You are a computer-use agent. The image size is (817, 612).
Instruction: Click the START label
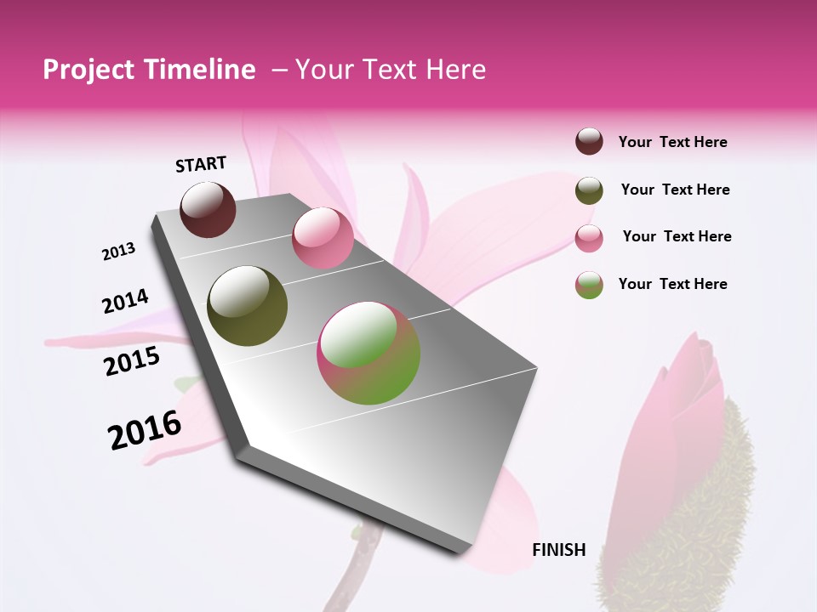pos(201,164)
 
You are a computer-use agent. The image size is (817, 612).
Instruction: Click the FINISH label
pos(559,550)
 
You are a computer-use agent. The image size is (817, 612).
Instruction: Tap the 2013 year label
pos(118,252)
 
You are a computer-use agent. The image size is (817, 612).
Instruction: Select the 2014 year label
pos(125,301)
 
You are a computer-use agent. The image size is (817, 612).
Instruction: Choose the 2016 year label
pos(145,430)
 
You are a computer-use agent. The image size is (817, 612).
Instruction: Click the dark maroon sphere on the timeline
pos(209,209)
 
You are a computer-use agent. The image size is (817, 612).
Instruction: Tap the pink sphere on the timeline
pos(323,237)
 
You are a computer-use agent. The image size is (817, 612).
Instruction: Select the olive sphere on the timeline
pos(248,306)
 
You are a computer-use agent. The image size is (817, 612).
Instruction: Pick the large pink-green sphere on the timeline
pos(369,353)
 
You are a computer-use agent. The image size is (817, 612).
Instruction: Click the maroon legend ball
pos(589,142)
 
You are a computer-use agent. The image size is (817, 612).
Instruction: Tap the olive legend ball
pos(589,190)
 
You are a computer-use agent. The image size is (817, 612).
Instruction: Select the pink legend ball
pos(589,238)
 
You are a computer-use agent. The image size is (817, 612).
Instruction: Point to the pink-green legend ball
pos(589,285)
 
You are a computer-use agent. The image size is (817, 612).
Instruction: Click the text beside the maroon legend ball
pos(672,143)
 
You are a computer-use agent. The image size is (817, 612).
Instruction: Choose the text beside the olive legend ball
pos(675,190)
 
